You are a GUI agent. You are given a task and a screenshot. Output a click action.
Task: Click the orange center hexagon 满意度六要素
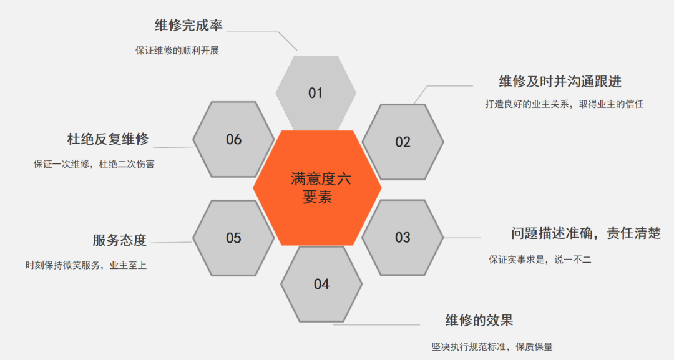[317, 188]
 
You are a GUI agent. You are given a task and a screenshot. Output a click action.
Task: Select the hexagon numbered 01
[316, 93]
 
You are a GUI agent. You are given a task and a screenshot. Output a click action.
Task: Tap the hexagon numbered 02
[403, 142]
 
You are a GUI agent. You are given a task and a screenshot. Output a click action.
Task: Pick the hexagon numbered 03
[403, 238]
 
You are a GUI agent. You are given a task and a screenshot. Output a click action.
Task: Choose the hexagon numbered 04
[321, 284]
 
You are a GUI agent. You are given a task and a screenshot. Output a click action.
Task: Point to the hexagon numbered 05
[233, 238]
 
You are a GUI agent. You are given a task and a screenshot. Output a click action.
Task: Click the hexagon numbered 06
[233, 139]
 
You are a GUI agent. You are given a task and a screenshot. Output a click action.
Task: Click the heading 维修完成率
[188, 26]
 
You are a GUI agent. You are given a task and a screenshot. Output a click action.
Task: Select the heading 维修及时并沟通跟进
[560, 82]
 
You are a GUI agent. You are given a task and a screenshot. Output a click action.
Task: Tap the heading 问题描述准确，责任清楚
[586, 233]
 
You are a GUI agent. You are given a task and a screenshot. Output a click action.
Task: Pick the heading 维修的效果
[479, 320]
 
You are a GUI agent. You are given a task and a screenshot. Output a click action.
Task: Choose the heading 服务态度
[119, 240]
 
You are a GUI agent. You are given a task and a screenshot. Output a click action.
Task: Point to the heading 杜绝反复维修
[108, 139]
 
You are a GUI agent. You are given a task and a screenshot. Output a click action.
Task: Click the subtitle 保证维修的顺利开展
[177, 51]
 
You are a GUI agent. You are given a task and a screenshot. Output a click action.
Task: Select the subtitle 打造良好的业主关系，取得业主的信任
[564, 104]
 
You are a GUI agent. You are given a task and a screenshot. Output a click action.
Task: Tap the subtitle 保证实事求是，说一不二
[540, 260]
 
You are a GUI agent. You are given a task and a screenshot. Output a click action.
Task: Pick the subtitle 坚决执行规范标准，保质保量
[492, 347]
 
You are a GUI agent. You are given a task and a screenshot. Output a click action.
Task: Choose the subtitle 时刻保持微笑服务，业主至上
[86, 266]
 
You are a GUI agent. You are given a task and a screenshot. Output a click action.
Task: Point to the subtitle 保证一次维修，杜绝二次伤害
[94, 164]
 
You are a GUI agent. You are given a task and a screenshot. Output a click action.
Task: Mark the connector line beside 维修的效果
[376, 325]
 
